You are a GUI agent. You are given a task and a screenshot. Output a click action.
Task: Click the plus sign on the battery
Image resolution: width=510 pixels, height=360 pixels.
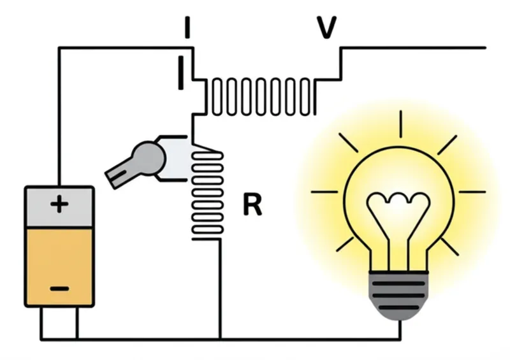tap(59, 205)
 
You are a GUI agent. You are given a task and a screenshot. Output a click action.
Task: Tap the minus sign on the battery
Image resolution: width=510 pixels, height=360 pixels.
tap(59, 289)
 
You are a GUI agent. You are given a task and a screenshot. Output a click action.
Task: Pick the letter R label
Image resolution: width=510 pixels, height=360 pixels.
tap(252, 205)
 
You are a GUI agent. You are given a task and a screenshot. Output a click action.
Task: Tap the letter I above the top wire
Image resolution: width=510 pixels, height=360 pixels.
tap(186, 27)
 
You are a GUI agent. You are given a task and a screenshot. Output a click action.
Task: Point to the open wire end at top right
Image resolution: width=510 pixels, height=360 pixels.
tap(484, 47)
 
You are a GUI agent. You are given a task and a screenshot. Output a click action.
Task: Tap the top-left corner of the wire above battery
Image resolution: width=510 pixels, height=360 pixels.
tap(59, 47)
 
